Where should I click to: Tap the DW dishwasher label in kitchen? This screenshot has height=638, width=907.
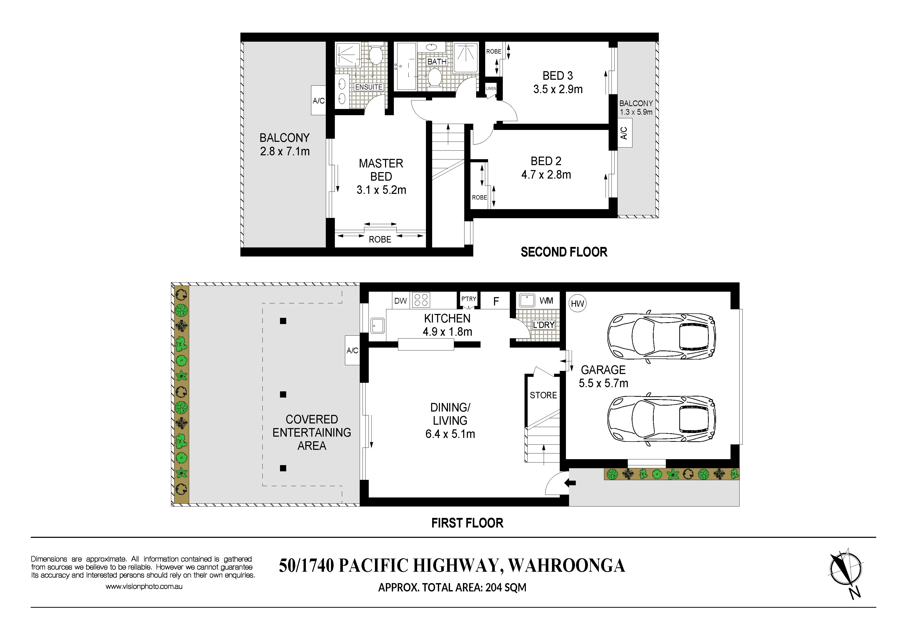[x=401, y=301]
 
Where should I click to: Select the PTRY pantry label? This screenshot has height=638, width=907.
[x=469, y=299]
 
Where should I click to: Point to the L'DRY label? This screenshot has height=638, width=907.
[x=544, y=325]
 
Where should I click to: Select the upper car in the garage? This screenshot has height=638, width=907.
[x=661, y=336]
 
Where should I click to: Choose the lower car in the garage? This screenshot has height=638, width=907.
[x=661, y=420]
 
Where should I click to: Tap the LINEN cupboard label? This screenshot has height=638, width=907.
[x=491, y=89]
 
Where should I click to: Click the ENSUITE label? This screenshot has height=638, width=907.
[x=369, y=87]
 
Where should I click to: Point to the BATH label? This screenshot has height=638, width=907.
[x=437, y=62]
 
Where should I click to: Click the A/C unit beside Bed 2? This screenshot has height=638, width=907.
[x=624, y=133]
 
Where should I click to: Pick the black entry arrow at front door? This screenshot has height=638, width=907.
[x=570, y=482]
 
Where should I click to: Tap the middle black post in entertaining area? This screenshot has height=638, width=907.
[x=283, y=394]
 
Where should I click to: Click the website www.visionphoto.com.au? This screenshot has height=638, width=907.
[x=144, y=587]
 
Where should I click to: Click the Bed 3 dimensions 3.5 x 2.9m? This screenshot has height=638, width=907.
[x=558, y=89]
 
